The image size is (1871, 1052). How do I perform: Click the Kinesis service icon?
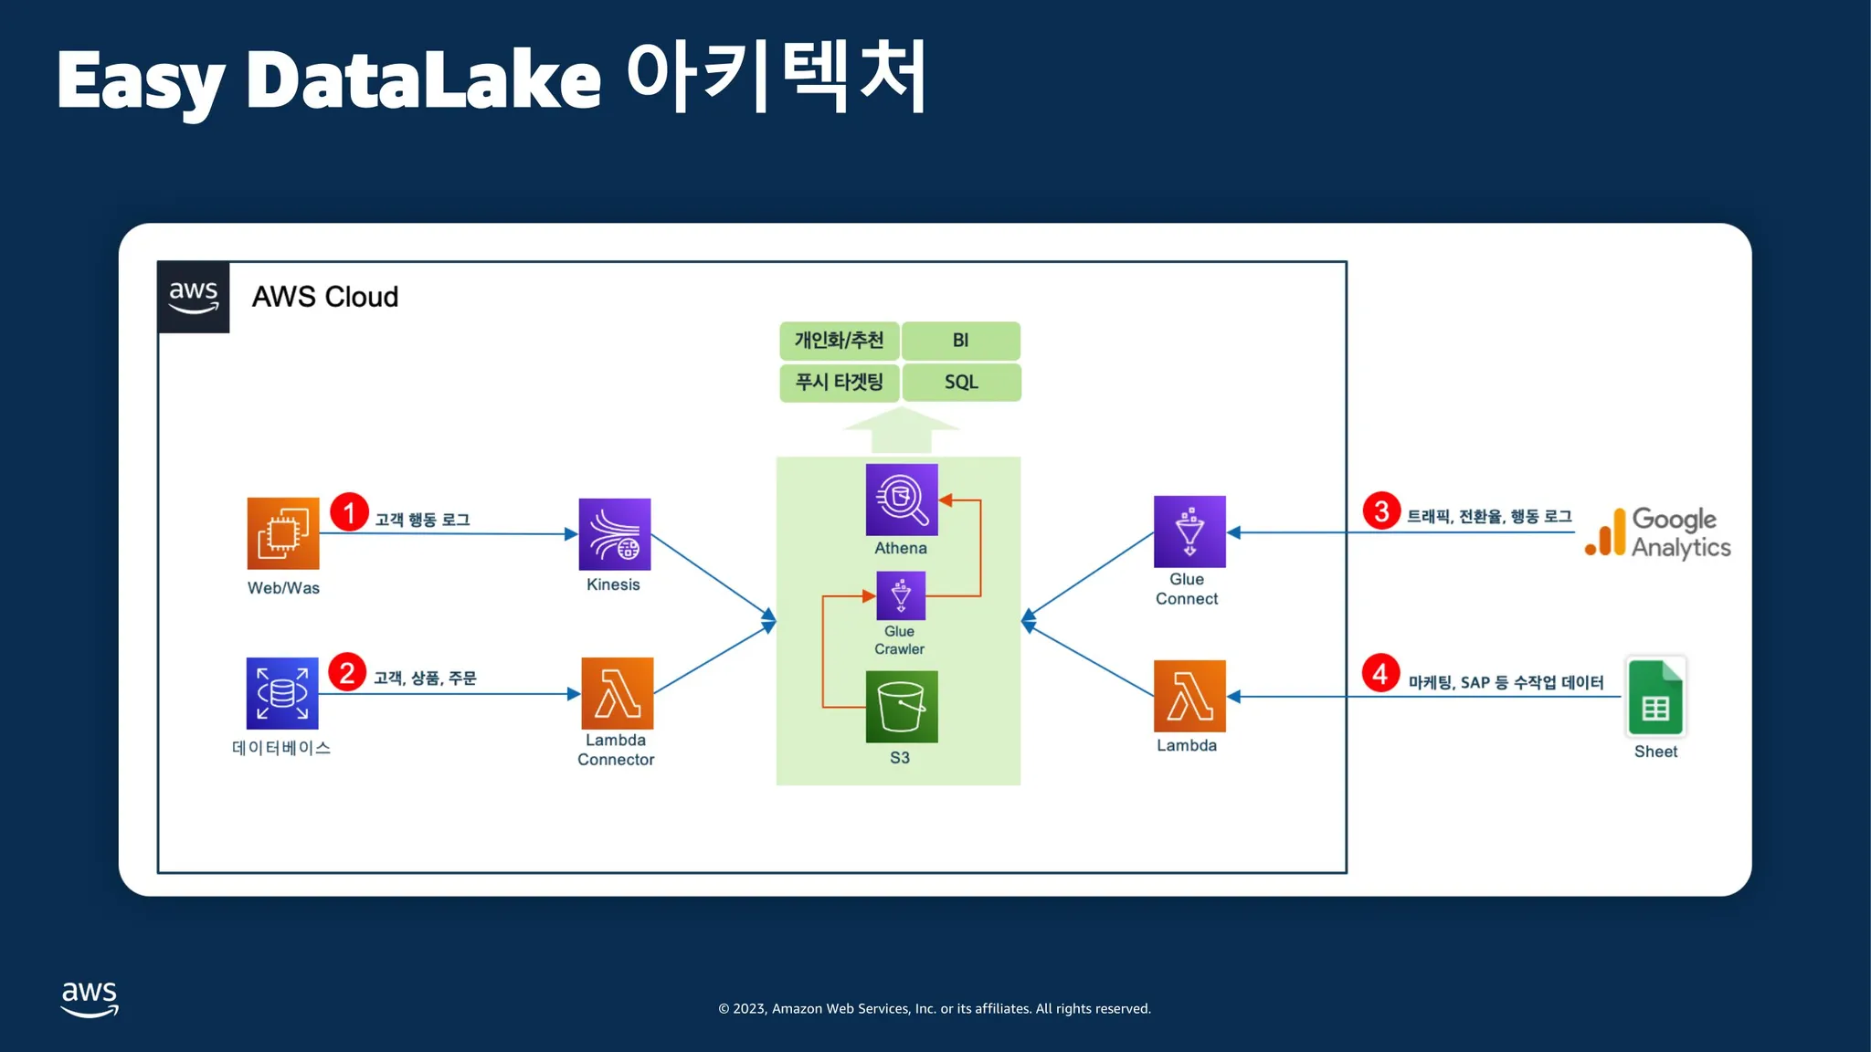pos(615,534)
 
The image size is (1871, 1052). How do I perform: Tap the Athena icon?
pos(902,500)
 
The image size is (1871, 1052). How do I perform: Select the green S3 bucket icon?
pos(902,707)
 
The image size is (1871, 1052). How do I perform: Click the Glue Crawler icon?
pos(901,595)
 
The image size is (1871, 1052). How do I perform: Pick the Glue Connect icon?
pos(1189,531)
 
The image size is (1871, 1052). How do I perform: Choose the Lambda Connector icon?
pos(618,693)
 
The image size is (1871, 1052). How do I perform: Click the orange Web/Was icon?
pos(283,533)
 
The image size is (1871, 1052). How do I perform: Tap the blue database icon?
pos(282,693)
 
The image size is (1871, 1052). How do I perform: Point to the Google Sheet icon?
pos(1655,697)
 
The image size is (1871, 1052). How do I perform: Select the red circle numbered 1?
pos(349,512)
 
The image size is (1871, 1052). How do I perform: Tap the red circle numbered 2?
pos(347,673)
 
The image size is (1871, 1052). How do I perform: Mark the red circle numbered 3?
pos(1381,510)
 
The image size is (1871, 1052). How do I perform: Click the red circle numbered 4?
pos(1380,674)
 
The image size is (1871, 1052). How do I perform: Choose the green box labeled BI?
pos(961,341)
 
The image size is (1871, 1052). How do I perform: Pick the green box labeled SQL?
pos(961,382)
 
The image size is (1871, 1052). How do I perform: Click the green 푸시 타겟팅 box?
pos(840,382)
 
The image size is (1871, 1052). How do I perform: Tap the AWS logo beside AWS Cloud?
pos(194,297)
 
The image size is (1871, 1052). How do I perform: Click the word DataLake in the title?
pos(424,80)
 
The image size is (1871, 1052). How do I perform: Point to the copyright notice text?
pos(935,1008)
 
